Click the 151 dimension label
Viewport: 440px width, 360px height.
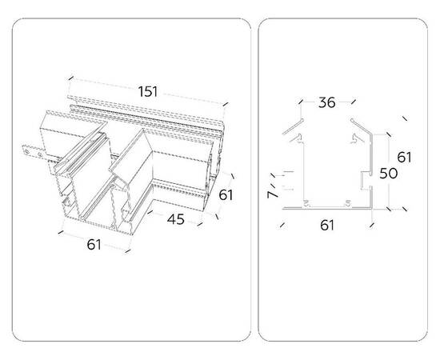(x=148, y=92)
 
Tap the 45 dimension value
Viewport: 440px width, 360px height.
(x=176, y=219)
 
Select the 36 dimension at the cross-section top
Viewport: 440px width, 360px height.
(x=327, y=102)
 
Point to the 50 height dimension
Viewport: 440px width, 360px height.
(x=388, y=174)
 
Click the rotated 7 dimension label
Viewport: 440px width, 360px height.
(x=272, y=194)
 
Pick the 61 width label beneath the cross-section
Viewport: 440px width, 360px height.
(x=327, y=226)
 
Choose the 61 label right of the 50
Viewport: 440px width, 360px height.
(x=404, y=157)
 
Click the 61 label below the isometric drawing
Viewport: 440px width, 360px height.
(x=94, y=245)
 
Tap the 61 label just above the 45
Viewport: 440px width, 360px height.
(x=226, y=195)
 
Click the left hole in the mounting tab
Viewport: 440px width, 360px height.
(x=27, y=152)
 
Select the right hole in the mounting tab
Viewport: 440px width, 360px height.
(x=40, y=154)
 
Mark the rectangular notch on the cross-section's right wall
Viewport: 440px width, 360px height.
(x=366, y=180)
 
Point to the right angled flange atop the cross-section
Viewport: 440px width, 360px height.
(x=361, y=126)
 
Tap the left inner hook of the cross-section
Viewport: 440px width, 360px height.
(x=297, y=138)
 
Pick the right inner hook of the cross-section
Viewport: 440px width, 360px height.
(x=358, y=138)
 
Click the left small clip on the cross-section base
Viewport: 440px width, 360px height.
(x=306, y=203)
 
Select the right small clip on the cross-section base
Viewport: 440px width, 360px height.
(x=348, y=203)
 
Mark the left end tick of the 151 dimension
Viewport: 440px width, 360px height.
(x=71, y=78)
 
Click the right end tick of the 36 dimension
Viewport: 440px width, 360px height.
(x=354, y=102)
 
